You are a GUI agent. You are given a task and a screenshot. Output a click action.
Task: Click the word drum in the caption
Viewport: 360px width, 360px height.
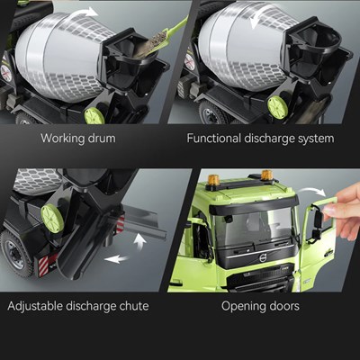tap(102, 139)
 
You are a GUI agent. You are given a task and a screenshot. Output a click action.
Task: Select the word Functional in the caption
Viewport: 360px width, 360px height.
tap(214, 139)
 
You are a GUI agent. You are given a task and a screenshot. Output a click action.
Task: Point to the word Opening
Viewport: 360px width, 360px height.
tap(242, 307)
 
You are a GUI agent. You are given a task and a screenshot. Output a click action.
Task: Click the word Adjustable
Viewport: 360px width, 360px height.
tap(35, 306)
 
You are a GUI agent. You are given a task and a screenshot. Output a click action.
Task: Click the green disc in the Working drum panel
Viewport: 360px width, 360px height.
tap(94, 116)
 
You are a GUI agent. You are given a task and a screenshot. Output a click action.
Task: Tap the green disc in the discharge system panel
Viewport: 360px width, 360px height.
tap(277, 107)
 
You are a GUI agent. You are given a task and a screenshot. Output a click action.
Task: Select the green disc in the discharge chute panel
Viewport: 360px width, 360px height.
tap(52, 218)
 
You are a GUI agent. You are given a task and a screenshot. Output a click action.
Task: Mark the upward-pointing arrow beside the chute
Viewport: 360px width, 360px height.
tap(139, 241)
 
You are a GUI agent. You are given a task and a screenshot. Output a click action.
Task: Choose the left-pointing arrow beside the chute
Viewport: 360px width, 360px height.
tap(116, 259)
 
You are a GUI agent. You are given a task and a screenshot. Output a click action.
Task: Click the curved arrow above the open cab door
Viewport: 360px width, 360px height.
tap(313, 191)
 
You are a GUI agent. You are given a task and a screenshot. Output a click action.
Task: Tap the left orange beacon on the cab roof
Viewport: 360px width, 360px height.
tap(213, 181)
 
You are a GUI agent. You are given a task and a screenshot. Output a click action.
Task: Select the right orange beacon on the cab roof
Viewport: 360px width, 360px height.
tap(266, 175)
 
